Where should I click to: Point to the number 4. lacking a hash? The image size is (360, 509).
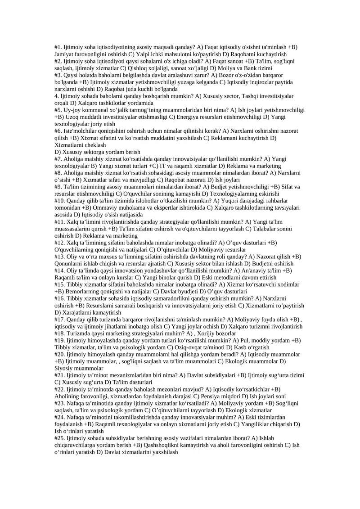(57, 96)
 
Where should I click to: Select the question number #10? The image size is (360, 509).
(60, 201)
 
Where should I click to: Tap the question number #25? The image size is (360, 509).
(60, 438)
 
